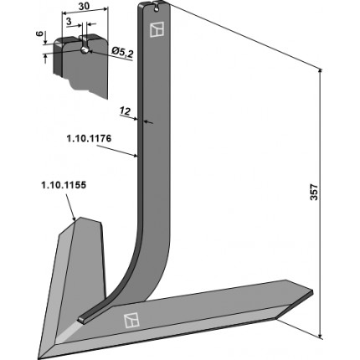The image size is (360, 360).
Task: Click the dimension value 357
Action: click(x=315, y=192)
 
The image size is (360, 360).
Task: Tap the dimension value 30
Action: click(x=84, y=6)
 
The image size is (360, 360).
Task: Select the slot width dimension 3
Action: click(x=69, y=21)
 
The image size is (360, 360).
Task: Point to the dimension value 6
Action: click(x=40, y=33)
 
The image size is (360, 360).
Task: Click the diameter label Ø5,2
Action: click(x=121, y=53)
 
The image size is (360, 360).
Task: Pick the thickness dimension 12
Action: click(x=125, y=111)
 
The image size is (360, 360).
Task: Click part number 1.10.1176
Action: click(x=89, y=139)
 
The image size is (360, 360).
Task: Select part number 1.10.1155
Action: click(x=64, y=185)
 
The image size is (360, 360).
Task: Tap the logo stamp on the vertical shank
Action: click(x=157, y=29)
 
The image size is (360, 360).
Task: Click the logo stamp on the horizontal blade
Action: click(x=131, y=320)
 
